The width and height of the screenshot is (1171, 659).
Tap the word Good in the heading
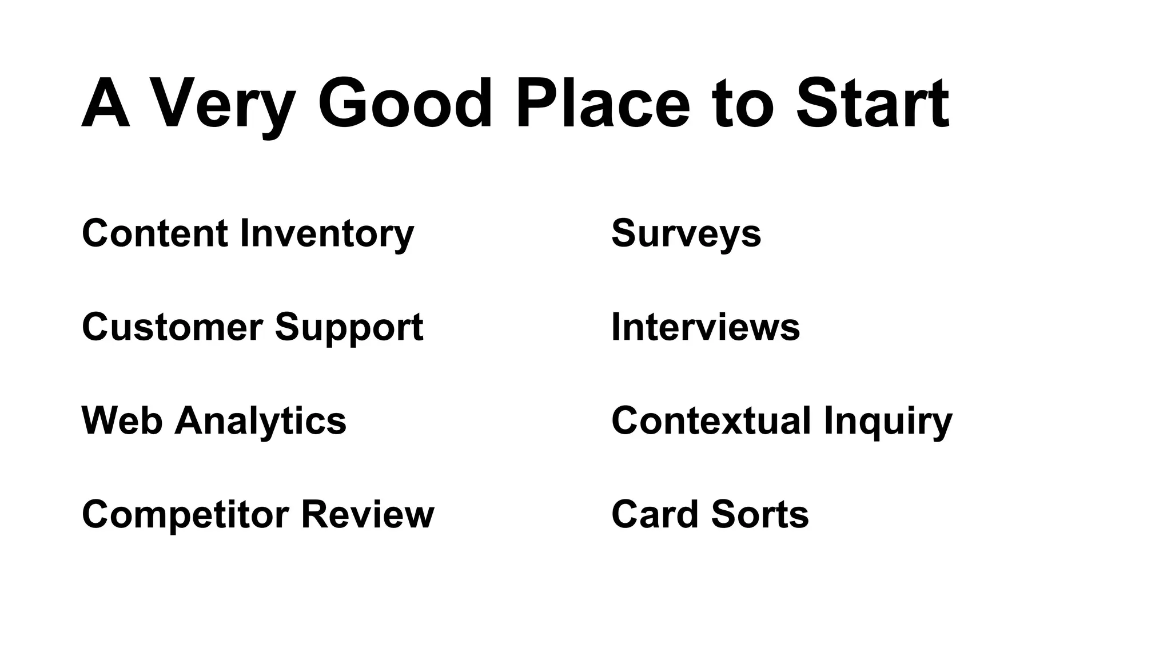pyautogui.click(x=405, y=104)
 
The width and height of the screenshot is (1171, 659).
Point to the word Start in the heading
pyautogui.click(x=873, y=104)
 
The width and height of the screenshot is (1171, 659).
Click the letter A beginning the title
pyautogui.click(x=105, y=104)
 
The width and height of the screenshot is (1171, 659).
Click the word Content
pyautogui.click(x=155, y=233)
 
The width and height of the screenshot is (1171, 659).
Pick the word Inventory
pyautogui.click(x=326, y=233)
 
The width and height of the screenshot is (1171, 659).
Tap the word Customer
pyautogui.click(x=172, y=327)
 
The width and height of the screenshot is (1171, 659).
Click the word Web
pyautogui.click(x=122, y=420)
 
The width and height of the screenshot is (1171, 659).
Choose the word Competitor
pyautogui.click(x=185, y=514)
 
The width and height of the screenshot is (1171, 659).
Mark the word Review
pyautogui.click(x=368, y=514)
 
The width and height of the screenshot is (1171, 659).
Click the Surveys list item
pyautogui.click(x=686, y=233)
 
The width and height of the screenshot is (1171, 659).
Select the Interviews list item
pyautogui.click(x=706, y=327)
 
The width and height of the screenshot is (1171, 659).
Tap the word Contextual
pyautogui.click(x=711, y=420)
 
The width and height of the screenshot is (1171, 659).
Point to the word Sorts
pyautogui.click(x=760, y=514)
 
